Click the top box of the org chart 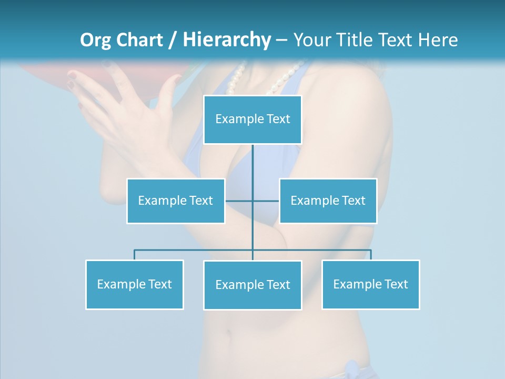click(252, 119)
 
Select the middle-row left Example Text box click(176, 201)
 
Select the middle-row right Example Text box click(328, 201)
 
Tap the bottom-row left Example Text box click(135, 284)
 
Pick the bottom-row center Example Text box click(252, 285)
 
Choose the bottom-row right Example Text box click(370, 284)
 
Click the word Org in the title click(96, 40)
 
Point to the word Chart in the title click(139, 40)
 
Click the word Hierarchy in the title click(227, 40)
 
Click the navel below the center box click(228, 333)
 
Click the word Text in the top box click(278, 119)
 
